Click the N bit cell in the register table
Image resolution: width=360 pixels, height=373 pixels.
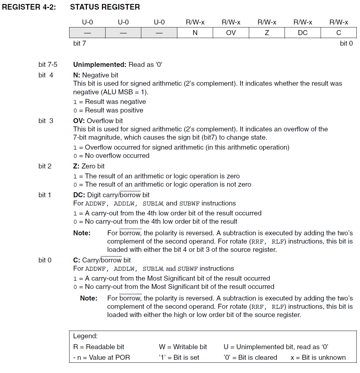click(195, 33)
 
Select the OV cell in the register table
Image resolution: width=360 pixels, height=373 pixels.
click(231, 33)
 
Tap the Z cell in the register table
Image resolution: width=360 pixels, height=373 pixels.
click(267, 33)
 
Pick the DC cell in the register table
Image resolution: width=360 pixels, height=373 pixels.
click(302, 33)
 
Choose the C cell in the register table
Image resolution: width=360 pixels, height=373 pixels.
click(338, 33)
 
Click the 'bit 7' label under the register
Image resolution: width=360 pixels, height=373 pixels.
click(79, 43)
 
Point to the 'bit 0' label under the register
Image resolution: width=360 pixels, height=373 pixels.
click(346, 43)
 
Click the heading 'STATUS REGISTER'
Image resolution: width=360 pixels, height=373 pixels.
click(105, 7)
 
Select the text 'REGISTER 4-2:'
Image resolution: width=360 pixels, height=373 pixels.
click(29, 7)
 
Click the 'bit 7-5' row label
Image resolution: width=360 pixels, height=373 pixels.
click(48, 65)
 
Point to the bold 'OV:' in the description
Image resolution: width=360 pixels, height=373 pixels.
click(79, 121)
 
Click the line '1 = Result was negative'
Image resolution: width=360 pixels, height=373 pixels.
click(110, 102)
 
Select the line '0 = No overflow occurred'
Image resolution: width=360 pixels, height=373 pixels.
click(111, 156)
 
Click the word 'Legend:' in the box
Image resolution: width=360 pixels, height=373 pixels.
click(85, 336)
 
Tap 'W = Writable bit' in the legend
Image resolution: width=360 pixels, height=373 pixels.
click(183, 347)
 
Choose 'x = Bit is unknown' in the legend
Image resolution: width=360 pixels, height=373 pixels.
click(318, 357)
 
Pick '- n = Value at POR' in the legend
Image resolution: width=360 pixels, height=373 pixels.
click(102, 357)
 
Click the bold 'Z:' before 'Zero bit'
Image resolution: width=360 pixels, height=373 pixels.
click(76, 166)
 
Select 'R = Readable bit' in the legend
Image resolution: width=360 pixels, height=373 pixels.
click(99, 347)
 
